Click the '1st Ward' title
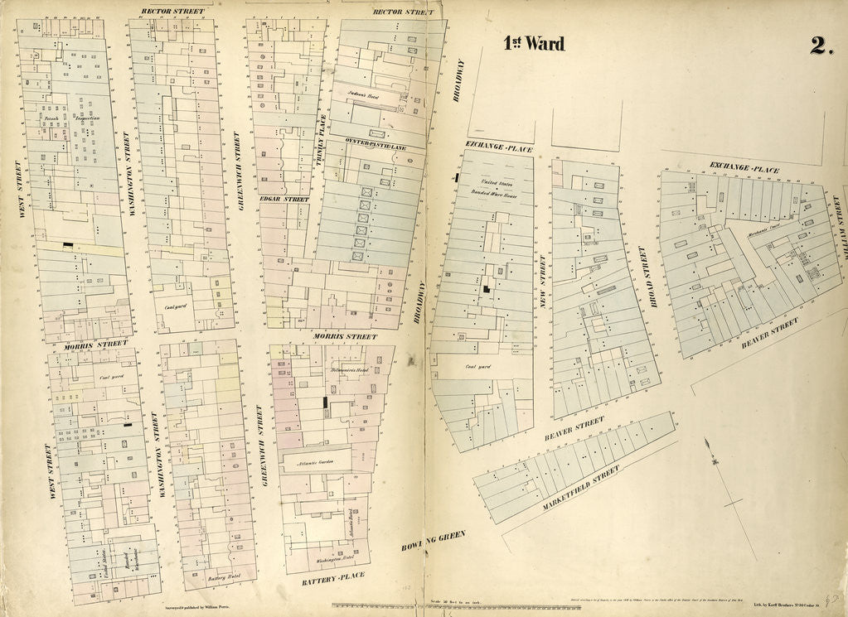(535, 45)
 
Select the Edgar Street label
(283, 200)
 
